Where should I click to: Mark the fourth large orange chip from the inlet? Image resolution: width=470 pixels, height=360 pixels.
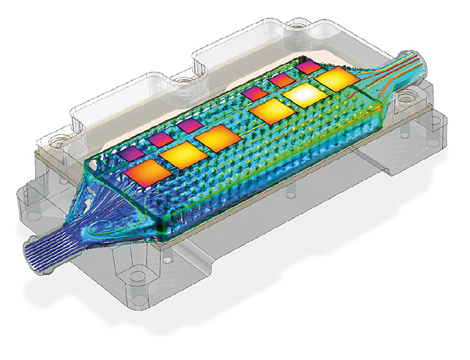coord(270,112)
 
